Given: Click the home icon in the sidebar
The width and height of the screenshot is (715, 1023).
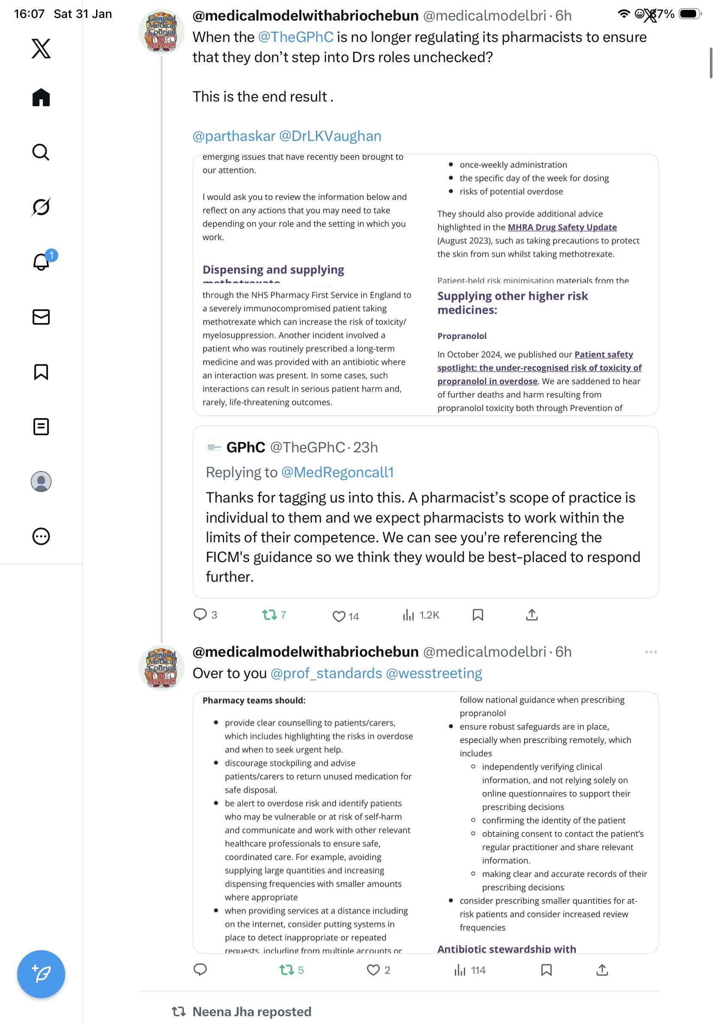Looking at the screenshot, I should pos(41,97).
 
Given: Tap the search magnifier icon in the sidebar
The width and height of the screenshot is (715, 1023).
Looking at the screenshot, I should pos(41,152).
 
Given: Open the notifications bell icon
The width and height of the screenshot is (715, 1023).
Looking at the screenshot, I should pos(41,262).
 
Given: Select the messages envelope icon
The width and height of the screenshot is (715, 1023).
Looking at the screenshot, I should pos(41,317).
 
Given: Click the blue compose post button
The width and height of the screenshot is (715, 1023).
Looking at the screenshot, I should pos(41,974).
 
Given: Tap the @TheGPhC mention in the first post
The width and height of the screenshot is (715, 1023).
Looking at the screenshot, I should pos(295,37).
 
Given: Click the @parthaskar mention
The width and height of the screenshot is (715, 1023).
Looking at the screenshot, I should pos(234,136).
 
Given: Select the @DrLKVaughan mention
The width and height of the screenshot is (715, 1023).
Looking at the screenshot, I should pos(330,136).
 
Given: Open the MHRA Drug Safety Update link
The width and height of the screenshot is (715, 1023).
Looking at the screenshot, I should pos(562,227).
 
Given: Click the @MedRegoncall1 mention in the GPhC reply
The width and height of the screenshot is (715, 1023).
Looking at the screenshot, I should pos(337,472).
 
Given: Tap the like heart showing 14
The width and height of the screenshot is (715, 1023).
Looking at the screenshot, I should pos(339,616).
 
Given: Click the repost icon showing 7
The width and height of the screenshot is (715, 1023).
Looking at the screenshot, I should pos(269,615).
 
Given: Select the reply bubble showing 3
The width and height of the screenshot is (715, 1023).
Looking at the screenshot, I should pos(200,614).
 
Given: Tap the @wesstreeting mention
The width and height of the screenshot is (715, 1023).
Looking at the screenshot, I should pos(434,673).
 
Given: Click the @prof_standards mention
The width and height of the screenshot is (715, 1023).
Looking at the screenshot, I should pos(326,673).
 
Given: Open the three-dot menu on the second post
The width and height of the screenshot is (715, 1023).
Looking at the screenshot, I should pos(650,652).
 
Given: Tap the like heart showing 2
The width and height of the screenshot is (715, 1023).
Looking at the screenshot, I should pos(373,970).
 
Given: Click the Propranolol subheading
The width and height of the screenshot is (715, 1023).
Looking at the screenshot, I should pos(462,336).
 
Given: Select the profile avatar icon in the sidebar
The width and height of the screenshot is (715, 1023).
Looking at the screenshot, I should pos(41,482).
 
